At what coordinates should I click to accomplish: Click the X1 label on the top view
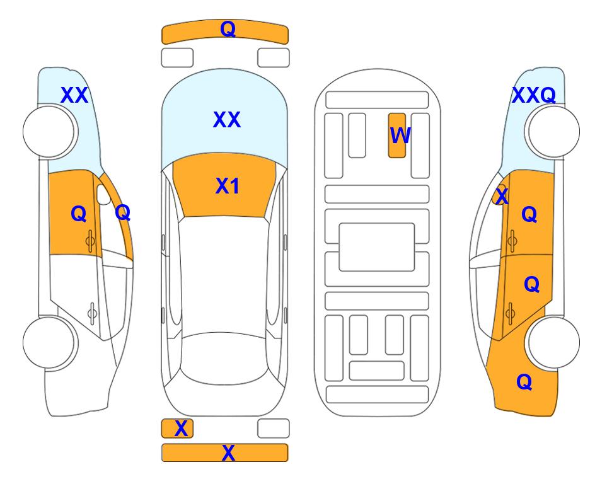[x=228, y=186]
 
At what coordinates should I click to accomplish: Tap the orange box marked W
[x=397, y=135]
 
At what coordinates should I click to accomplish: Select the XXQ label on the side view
[x=534, y=95]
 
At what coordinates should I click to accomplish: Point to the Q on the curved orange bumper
[x=228, y=29]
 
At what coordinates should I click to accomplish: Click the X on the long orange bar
[x=228, y=452]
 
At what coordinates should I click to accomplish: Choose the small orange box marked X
[x=177, y=429]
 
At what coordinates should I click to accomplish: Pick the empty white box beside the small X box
[x=274, y=429]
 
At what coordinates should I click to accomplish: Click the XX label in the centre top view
[x=227, y=120]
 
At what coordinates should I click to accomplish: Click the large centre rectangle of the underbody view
[x=377, y=247]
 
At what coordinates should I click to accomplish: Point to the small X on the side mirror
[x=502, y=195]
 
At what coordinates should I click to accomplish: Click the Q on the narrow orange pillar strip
[x=123, y=212]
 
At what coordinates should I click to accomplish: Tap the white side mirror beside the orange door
[x=103, y=194]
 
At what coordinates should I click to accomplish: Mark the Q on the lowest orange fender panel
[x=524, y=382]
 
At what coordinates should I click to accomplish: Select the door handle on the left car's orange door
[x=90, y=241]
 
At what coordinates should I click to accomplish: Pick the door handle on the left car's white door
[x=92, y=313]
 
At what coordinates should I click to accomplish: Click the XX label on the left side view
[x=74, y=95]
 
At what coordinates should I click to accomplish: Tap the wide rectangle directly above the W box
[x=377, y=100]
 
